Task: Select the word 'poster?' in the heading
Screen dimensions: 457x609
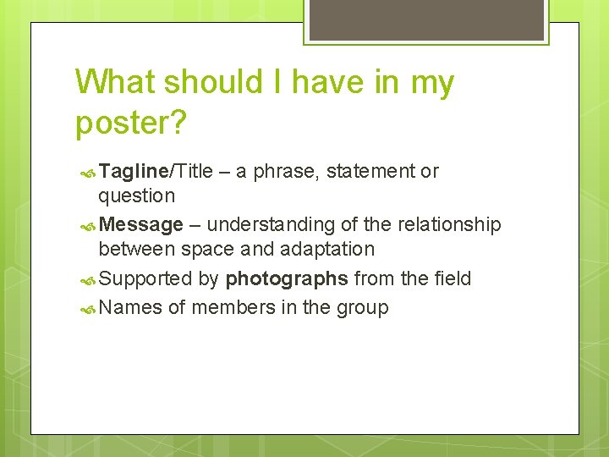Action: click(x=131, y=123)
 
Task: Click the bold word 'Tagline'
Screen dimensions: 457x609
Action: click(x=134, y=171)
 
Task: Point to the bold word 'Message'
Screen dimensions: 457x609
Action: click(x=140, y=224)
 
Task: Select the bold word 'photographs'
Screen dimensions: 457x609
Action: click(x=287, y=279)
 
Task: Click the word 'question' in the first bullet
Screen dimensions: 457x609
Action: click(x=136, y=196)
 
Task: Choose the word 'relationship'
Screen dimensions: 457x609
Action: click(x=448, y=224)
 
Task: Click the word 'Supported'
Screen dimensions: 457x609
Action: click(x=145, y=279)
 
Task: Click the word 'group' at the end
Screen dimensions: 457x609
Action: click(x=362, y=308)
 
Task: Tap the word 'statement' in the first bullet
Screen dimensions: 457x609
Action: click(x=370, y=171)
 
